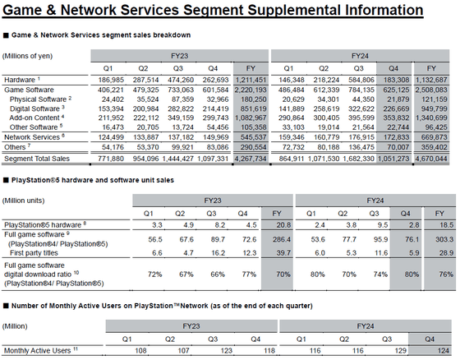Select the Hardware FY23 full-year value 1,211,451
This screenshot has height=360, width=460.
tap(251, 80)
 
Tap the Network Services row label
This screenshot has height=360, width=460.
tap(32, 137)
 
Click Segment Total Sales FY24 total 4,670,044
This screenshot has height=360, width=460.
tap(431, 159)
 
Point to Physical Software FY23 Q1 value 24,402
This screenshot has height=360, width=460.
tap(113, 99)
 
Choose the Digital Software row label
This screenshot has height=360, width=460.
tap(34, 109)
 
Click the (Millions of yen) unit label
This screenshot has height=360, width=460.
tap(27, 56)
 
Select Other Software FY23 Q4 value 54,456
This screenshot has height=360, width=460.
tap(215, 127)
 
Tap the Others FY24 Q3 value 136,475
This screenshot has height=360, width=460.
tap(361, 147)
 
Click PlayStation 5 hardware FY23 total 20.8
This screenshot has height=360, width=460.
tap(283, 225)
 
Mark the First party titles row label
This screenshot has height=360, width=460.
tap(34, 253)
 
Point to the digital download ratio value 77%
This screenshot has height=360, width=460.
tap(249, 275)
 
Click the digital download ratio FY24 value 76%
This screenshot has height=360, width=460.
tap(446, 275)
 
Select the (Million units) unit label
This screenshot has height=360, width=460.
tap(24, 201)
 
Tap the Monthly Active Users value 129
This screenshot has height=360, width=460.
tap(400, 351)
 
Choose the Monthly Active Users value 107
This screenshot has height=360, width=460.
tap(184, 351)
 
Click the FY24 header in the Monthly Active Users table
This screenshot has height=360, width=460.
tap(366, 326)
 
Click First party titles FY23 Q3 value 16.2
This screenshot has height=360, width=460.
tap(218, 253)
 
